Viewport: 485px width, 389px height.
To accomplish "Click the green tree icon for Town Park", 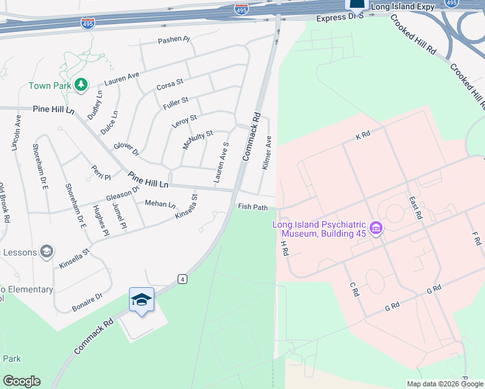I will pyautogui.click(x=81, y=84).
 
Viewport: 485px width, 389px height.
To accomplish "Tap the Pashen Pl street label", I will pyautogui.click(x=174, y=40).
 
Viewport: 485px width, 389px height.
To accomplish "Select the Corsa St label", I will pyautogui.click(x=170, y=85).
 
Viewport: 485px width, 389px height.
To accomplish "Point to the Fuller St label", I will pyautogui.click(x=176, y=100).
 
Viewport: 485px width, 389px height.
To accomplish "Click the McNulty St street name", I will pyautogui.click(x=198, y=139).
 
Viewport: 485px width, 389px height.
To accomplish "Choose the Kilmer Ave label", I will pyautogui.click(x=266, y=153).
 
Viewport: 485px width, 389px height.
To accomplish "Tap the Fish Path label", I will pyautogui.click(x=253, y=207).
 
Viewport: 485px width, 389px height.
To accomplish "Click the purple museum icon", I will pyautogui.click(x=376, y=228).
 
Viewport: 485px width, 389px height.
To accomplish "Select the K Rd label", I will pyautogui.click(x=362, y=136).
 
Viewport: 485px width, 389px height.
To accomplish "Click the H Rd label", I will pyautogui.click(x=283, y=247).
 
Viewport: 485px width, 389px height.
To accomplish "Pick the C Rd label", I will pyautogui.click(x=354, y=290).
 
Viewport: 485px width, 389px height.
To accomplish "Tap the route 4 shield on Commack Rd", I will pyautogui.click(x=183, y=279).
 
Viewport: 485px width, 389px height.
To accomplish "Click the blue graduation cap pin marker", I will pyautogui.click(x=141, y=300).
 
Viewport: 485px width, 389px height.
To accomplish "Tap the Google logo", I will pyautogui.click(x=21, y=381).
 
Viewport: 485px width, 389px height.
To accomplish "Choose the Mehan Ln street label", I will pyautogui.click(x=160, y=204).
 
